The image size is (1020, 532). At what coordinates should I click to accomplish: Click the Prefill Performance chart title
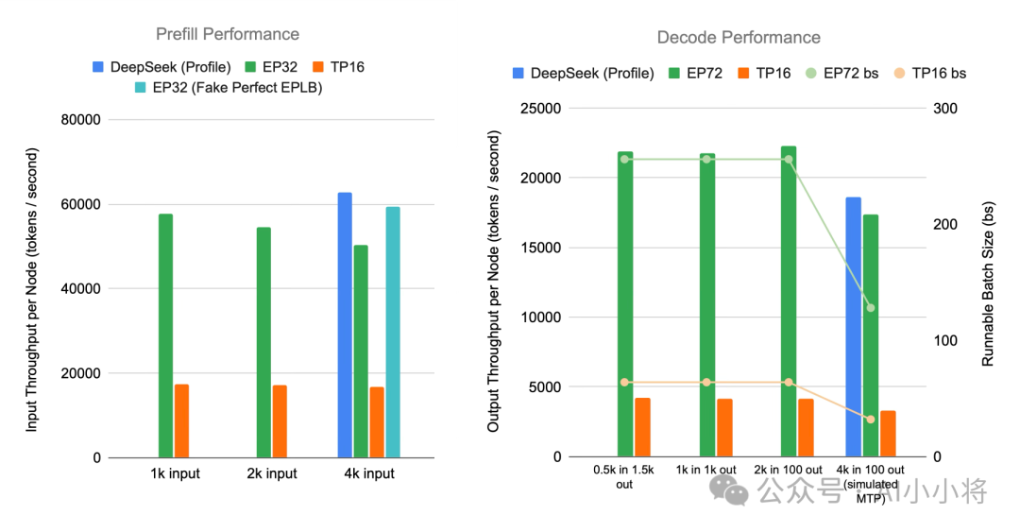coord(228,35)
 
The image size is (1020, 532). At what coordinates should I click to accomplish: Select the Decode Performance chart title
coord(739,38)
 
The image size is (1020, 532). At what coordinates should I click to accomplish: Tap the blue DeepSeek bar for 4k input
coord(345,325)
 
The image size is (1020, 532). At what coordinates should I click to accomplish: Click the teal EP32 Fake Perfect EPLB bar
coord(393,332)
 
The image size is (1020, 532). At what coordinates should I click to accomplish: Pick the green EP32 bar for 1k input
coord(166,335)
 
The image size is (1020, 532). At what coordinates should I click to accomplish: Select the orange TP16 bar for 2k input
coord(280,421)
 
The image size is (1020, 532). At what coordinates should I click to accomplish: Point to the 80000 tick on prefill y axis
coord(80,120)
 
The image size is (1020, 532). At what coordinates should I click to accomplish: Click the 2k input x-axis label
coord(272,473)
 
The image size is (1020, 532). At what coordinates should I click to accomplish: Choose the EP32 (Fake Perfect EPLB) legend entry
coord(229,87)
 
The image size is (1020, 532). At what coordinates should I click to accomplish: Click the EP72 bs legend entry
coord(841,73)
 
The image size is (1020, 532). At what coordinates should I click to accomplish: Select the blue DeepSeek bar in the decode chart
coord(854,327)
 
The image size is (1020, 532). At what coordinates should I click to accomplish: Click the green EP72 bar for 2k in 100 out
coord(789,301)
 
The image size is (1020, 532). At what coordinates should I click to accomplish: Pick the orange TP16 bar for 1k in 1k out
coord(724,428)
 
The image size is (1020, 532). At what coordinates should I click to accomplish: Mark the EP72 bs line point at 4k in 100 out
coord(871,308)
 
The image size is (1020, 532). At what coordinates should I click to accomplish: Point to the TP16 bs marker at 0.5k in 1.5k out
coord(624,383)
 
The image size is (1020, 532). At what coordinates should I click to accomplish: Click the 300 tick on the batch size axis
coord(945,108)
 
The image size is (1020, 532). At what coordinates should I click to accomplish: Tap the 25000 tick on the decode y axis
coord(540,108)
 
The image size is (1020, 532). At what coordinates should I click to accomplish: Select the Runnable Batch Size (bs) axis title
coord(988,283)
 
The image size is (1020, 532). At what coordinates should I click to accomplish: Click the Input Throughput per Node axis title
coord(32,290)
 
